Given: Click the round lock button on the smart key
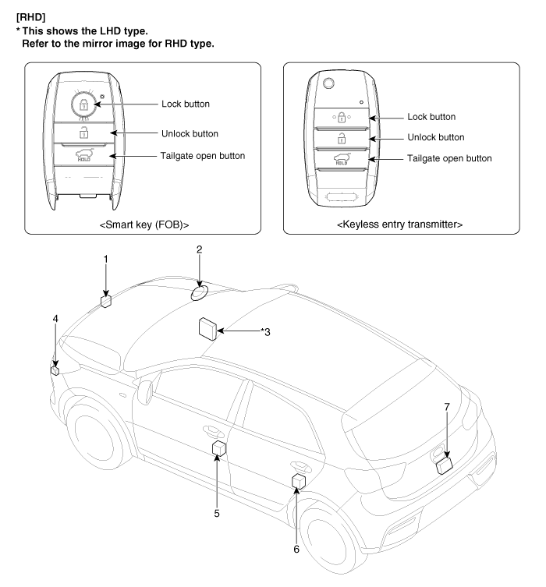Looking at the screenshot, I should (x=81, y=104).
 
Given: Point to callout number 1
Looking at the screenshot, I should (x=106, y=259).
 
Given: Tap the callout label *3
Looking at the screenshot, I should (x=266, y=332).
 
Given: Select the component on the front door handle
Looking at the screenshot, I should (x=218, y=448).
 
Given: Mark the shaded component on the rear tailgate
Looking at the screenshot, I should (x=445, y=465).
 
